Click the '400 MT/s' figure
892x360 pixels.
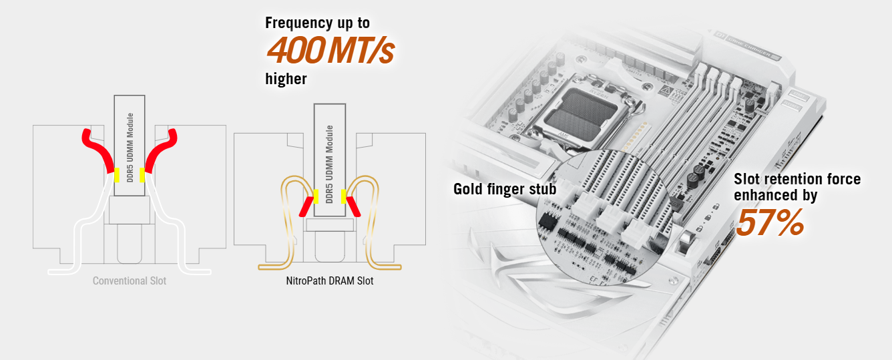click(x=330, y=50)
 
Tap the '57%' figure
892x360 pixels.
click(x=769, y=223)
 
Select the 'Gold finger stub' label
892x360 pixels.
click(x=504, y=189)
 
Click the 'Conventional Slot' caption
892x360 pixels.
click(x=130, y=281)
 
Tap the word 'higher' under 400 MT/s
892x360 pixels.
click(x=286, y=79)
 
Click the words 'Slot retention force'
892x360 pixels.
click(x=797, y=179)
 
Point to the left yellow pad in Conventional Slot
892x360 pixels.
click(x=117, y=175)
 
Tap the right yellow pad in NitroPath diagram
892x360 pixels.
click(x=344, y=196)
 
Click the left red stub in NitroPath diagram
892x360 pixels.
click(x=308, y=206)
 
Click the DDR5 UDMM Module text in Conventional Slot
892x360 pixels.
click(x=130, y=148)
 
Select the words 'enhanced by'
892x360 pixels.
click(x=775, y=196)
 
